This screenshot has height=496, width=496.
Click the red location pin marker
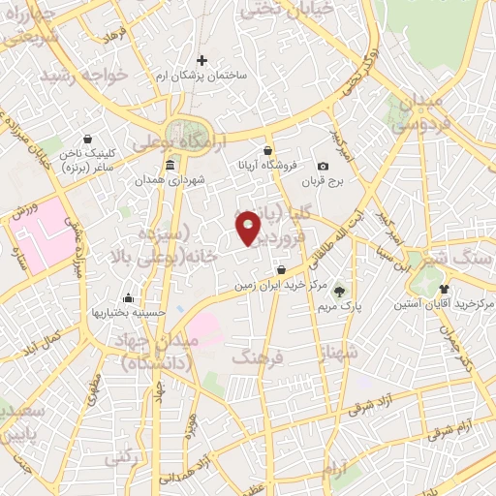pos(250,228)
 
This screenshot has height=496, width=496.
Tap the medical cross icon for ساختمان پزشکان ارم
pos(202,60)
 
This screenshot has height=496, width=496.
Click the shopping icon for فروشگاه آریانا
pos(266,149)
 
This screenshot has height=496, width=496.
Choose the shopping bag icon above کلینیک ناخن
pos(88,139)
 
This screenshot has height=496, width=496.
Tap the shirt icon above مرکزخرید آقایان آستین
pos(444,288)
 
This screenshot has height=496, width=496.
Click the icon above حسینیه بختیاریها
pos(129,297)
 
